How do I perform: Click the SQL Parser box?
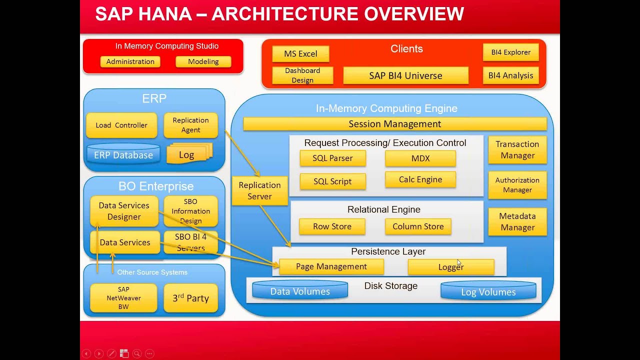coord(332,158)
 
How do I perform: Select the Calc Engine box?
coord(420,180)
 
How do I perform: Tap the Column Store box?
coord(418,226)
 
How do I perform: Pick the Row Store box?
coord(332,226)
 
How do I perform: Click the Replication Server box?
coord(259,190)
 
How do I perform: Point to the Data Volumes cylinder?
coord(300,291)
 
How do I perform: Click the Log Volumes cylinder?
coord(488,291)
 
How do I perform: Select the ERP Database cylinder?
coord(123,155)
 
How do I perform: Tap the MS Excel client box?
coord(300,54)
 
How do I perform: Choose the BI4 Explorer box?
coord(510,52)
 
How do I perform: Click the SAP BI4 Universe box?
coord(405,76)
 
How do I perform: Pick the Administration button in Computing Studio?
coord(130,61)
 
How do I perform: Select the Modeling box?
coord(203,61)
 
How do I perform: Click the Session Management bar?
coord(394,124)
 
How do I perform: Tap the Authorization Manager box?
coord(517,185)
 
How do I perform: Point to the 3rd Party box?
coord(190,298)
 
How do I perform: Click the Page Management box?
coord(331,267)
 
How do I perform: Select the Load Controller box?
coord(121,125)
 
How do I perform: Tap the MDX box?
coord(420,158)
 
